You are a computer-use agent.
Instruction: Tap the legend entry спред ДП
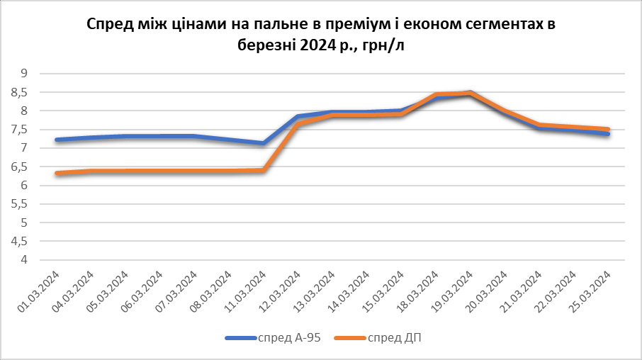395,337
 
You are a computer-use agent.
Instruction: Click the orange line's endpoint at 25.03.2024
608,130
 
